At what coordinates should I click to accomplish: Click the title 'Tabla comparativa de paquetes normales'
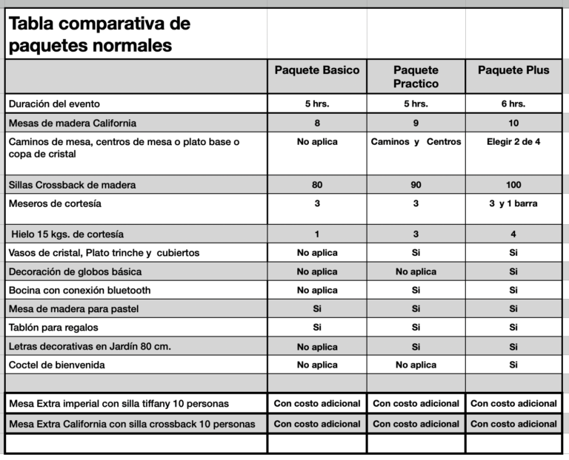[x=99, y=34]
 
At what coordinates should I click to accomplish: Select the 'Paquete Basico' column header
[x=317, y=70]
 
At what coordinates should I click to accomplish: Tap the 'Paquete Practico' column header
[x=416, y=76]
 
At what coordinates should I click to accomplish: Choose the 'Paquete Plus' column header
[x=513, y=70]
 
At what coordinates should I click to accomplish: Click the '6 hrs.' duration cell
[x=513, y=104]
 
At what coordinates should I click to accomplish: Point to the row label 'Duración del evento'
[x=53, y=104]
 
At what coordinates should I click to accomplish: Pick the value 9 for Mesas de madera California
[x=416, y=123]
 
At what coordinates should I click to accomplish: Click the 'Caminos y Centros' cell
[x=416, y=141]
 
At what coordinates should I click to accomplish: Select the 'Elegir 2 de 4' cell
[x=513, y=141]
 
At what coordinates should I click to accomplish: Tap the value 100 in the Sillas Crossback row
[x=513, y=185]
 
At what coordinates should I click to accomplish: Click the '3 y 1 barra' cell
[x=513, y=203]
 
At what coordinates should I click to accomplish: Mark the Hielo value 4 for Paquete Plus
[x=513, y=234]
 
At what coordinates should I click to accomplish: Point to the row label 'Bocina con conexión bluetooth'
[x=79, y=290]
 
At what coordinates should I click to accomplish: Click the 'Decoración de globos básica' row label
[x=75, y=271]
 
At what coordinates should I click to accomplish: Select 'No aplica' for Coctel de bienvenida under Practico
[x=416, y=365]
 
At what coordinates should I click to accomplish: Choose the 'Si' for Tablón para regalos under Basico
[x=317, y=327]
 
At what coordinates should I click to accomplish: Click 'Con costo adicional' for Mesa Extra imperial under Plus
[x=513, y=403]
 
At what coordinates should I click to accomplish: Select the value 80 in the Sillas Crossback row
[x=317, y=185]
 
